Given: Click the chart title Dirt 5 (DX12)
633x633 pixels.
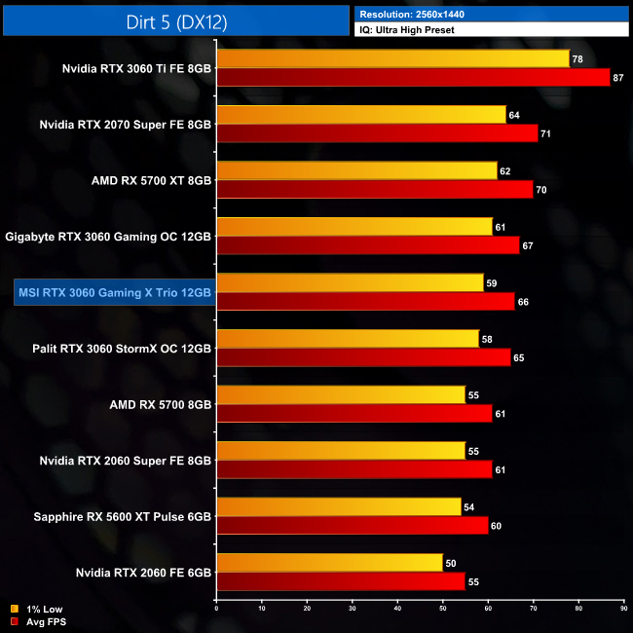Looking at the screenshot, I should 176,19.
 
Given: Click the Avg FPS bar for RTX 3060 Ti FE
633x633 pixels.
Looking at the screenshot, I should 413,77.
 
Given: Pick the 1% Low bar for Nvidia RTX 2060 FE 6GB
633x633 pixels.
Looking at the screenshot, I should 329,563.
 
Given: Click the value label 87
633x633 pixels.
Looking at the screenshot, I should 618,77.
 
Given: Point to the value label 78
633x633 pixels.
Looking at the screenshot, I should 577,59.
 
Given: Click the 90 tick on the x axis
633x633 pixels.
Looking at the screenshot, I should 622,609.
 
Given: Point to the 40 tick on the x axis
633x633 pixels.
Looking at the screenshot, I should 397,609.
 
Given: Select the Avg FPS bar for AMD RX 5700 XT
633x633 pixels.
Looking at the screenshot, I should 375,190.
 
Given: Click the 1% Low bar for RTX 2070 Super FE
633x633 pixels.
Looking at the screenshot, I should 361,115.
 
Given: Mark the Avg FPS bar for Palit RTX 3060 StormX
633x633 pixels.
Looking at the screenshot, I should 363,357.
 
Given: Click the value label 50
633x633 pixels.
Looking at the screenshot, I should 451,563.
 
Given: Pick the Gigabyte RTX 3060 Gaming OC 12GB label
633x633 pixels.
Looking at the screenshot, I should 108,236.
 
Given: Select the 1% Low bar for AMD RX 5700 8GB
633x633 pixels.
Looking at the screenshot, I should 340,394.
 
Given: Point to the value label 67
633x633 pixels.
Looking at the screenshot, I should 528,245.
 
